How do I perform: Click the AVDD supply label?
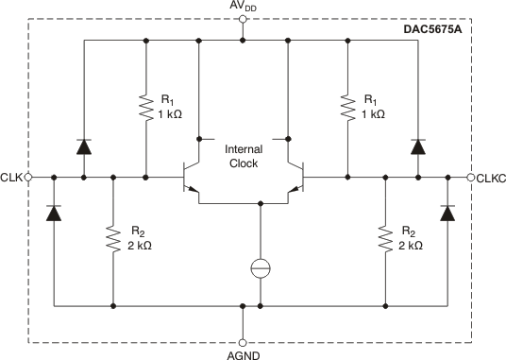point(243,8)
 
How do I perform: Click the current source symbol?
point(261,267)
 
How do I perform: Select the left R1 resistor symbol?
point(146,107)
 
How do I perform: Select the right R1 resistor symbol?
point(347,107)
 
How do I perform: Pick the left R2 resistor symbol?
point(112,239)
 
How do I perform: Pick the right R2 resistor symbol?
point(385,239)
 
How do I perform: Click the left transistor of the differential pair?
point(193,177)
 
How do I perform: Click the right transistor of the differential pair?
point(294,177)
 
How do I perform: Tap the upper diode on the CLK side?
point(84,146)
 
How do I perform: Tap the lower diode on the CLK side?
point(54,213)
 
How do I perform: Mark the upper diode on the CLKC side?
point(416,146)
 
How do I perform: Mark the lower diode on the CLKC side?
point(447,213)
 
